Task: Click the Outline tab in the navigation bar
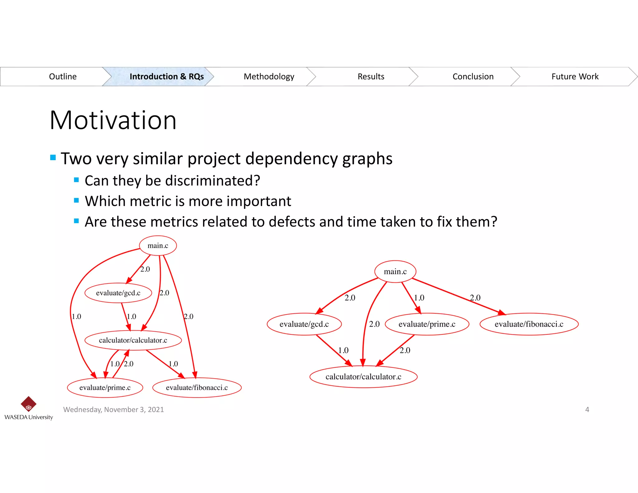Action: (63, 77)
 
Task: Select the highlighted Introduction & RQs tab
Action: (166, 77)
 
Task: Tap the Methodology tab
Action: (269, 77)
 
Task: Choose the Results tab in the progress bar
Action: (371, 77)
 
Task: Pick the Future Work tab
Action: (575, 77)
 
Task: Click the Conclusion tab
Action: (473, 77)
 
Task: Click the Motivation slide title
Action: (113, 120)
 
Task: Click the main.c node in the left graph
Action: (158, 246)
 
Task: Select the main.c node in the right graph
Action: (395, 272)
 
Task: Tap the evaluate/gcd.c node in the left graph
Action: (118, 293)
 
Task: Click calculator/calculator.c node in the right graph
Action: (363, 377)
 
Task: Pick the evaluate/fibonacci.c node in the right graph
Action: (529, 324)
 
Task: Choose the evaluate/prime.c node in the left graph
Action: (105, 388)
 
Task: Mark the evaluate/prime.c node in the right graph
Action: (427, 324)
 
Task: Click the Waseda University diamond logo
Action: (28, 404)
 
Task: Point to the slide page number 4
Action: (587, 409)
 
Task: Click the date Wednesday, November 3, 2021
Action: (113, 409)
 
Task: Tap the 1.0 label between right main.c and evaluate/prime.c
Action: (419, 298)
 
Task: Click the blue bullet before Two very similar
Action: (53, 157)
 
